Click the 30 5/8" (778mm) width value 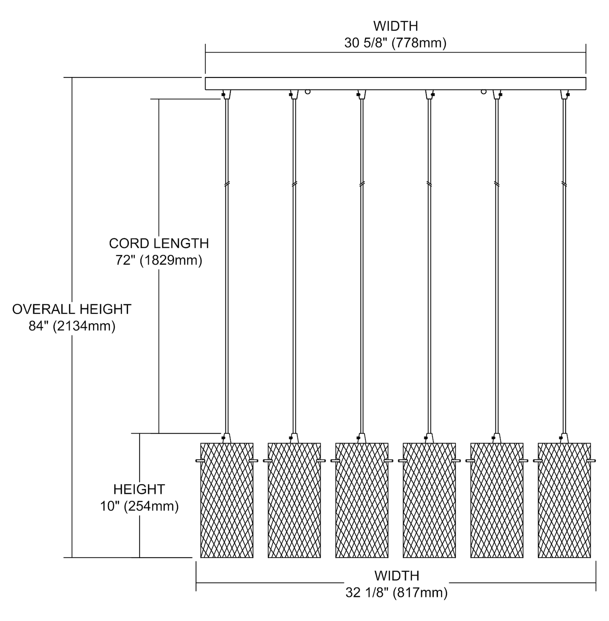tap(395, 43)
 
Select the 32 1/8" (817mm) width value tap(396, 593)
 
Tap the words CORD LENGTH tap(159, 243)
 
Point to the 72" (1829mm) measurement tap(159, 261)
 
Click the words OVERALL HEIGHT tap(72, 309)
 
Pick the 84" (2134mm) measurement tap(72, 326)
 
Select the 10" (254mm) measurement tap(139, 506)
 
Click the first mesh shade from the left tap(227, 500)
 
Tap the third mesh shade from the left tap(362, 500)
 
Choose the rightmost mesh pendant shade tap(564, 500)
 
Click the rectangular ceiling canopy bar tap(396, 84)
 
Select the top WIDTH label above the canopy tap(395, 26)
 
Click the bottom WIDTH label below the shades tap(396, 576)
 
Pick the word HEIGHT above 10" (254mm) tap(139, 489)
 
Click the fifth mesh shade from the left tap(497, 500)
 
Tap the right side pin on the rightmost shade tap(593, 460)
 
